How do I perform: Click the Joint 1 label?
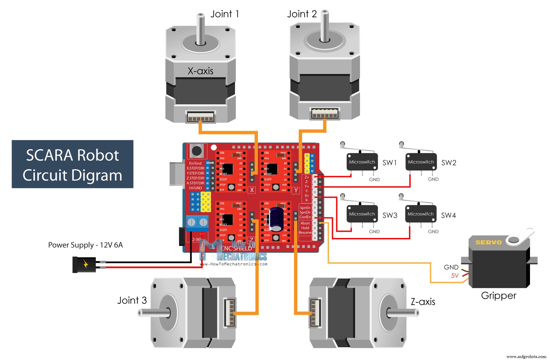(225, 14)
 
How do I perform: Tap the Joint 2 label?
(302, 14)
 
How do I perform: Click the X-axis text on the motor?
(200, 71)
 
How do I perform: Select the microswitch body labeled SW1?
(362, 162)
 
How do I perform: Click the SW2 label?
(449, 163)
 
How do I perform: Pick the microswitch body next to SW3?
(362, 214)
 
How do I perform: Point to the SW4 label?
(448, 215)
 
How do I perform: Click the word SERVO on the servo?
(488, 242)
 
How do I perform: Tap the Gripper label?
(499, 296)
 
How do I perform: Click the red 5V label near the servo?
(455, 276)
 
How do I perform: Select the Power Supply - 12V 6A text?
(86, 245)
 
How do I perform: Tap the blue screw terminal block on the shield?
(197, 223)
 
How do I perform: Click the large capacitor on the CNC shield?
(276, 219)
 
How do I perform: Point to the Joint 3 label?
(132, 300)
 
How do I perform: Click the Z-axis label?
(423, 302)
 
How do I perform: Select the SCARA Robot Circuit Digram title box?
(72, 164)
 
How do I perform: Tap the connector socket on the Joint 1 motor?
(200, 117)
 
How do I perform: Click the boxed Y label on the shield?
(296, 190)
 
